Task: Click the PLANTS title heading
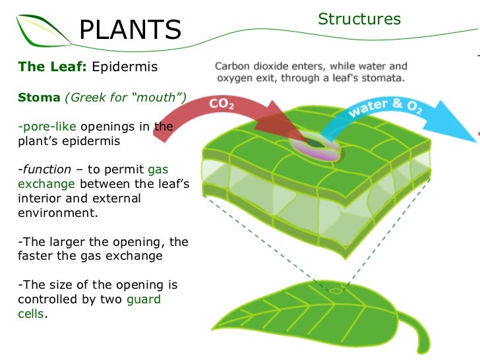[130, 30]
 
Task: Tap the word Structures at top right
[359, 19]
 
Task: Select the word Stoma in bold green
[39, 98]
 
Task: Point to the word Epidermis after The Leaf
[125, 67]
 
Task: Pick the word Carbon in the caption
[232, 67]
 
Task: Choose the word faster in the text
[39, 256]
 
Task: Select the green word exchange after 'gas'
[46, 184]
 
